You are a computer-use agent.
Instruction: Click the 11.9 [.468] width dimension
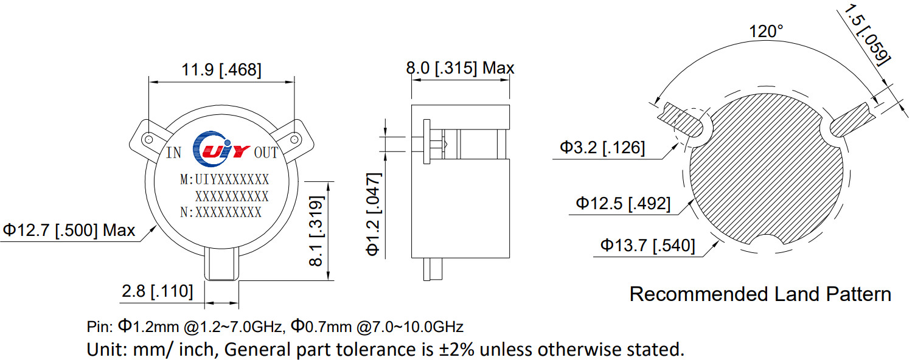[221, 70]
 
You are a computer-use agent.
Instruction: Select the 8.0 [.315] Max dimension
[460, 67]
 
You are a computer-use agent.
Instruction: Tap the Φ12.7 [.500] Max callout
[69, 230]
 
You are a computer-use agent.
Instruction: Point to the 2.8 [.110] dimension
[157, 291]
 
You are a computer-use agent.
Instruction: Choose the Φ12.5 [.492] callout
[624, 203]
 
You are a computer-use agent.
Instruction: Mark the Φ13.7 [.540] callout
[647, 246]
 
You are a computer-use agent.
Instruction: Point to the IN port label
[174, 153]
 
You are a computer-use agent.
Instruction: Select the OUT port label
[265, 153]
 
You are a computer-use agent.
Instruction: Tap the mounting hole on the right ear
[294, 139]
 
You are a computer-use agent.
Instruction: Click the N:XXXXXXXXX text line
[221, 212]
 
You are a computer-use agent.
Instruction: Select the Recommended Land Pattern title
[760, 294]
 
